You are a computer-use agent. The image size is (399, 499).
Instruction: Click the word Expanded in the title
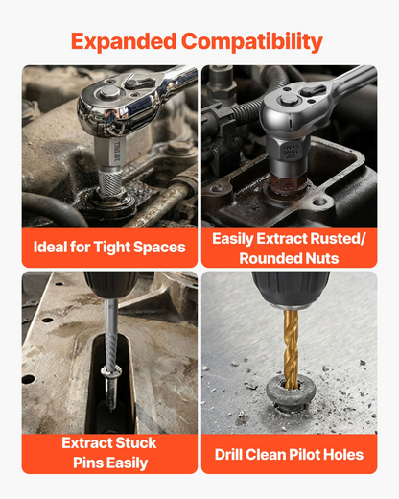(124, 41)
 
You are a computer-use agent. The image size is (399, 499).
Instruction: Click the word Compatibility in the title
(252, 42)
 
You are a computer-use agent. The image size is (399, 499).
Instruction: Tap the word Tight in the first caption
(112, 248)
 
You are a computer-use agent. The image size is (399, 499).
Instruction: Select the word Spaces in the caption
(159, 248)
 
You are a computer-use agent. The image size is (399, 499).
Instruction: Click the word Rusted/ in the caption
(338, 239)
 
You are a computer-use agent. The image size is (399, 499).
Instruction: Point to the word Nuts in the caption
(322, 258)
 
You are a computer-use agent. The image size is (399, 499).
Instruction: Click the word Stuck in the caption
(136, 443)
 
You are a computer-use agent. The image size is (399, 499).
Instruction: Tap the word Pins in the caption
(87, 463)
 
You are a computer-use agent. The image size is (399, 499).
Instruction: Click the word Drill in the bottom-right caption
(228, 455)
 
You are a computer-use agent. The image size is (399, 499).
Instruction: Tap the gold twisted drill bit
(291, 348)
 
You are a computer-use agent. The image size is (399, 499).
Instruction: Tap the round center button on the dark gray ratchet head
(290, 100)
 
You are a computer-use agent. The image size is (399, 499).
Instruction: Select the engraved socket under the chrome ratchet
(110, 151)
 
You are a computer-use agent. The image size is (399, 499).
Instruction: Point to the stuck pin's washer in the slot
(110, 371)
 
